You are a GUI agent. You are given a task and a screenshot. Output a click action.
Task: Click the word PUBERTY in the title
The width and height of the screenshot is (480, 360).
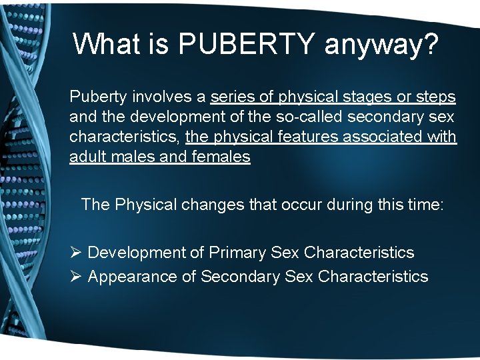(247, 44)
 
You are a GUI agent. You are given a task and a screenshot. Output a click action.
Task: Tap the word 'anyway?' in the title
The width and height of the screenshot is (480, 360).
(382, 45)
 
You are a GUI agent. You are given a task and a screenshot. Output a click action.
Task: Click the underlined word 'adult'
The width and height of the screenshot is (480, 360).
(85, 157)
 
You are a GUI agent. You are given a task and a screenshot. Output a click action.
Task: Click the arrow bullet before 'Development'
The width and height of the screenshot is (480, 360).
(75, 253)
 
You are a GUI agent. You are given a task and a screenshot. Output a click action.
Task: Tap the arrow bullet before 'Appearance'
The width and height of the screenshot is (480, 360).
(75, 276)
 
